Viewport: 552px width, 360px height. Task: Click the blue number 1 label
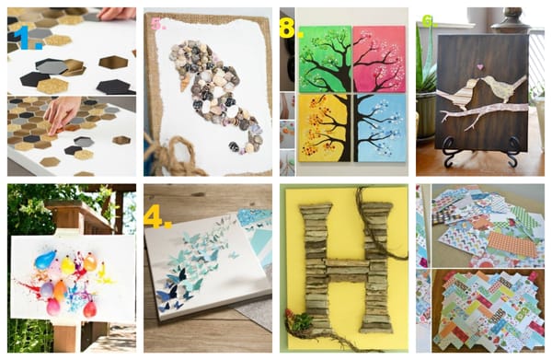tap(31, 37)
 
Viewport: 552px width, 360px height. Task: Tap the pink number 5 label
tap(157, 24)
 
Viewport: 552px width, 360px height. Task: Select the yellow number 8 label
tap(291, 28)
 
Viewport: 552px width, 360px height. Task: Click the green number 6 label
tap(429, 22)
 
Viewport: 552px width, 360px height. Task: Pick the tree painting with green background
tap(325, 59)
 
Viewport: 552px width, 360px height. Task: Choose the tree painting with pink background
tap(379, 58)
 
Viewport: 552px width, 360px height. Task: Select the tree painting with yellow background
tap(325, 128)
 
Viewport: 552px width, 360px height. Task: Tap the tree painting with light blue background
tap(380, 128)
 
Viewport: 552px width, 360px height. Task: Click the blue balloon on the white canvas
tap(45, 259)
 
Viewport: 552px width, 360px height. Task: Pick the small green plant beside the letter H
tap(303, 321)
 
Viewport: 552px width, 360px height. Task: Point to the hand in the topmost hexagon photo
tap(116, 14)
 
